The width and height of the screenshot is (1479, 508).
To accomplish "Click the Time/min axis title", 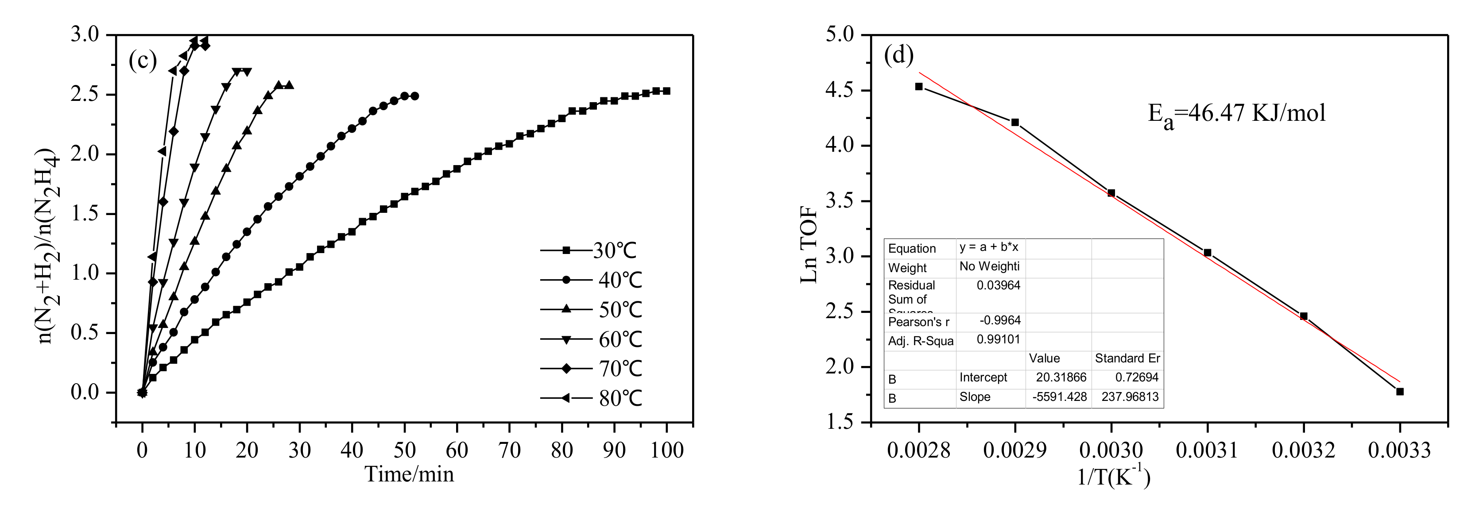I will [x=409, y=474].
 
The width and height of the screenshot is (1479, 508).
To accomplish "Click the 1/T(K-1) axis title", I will [x=1113, y=477].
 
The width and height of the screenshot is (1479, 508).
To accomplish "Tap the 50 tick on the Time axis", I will [x=404, y=450].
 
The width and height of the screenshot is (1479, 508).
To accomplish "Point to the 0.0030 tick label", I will [x=1111, y=450].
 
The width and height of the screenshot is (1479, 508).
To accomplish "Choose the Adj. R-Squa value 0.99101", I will [x=999, y=340].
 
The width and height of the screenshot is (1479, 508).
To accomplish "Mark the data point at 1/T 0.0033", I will [x=1400, y=392].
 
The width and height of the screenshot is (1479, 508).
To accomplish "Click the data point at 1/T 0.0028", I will [x=919, y=87].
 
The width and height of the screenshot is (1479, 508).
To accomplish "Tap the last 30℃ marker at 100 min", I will [x=666, y=91].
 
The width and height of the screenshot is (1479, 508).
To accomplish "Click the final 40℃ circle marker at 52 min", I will [x=414, y=96].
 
